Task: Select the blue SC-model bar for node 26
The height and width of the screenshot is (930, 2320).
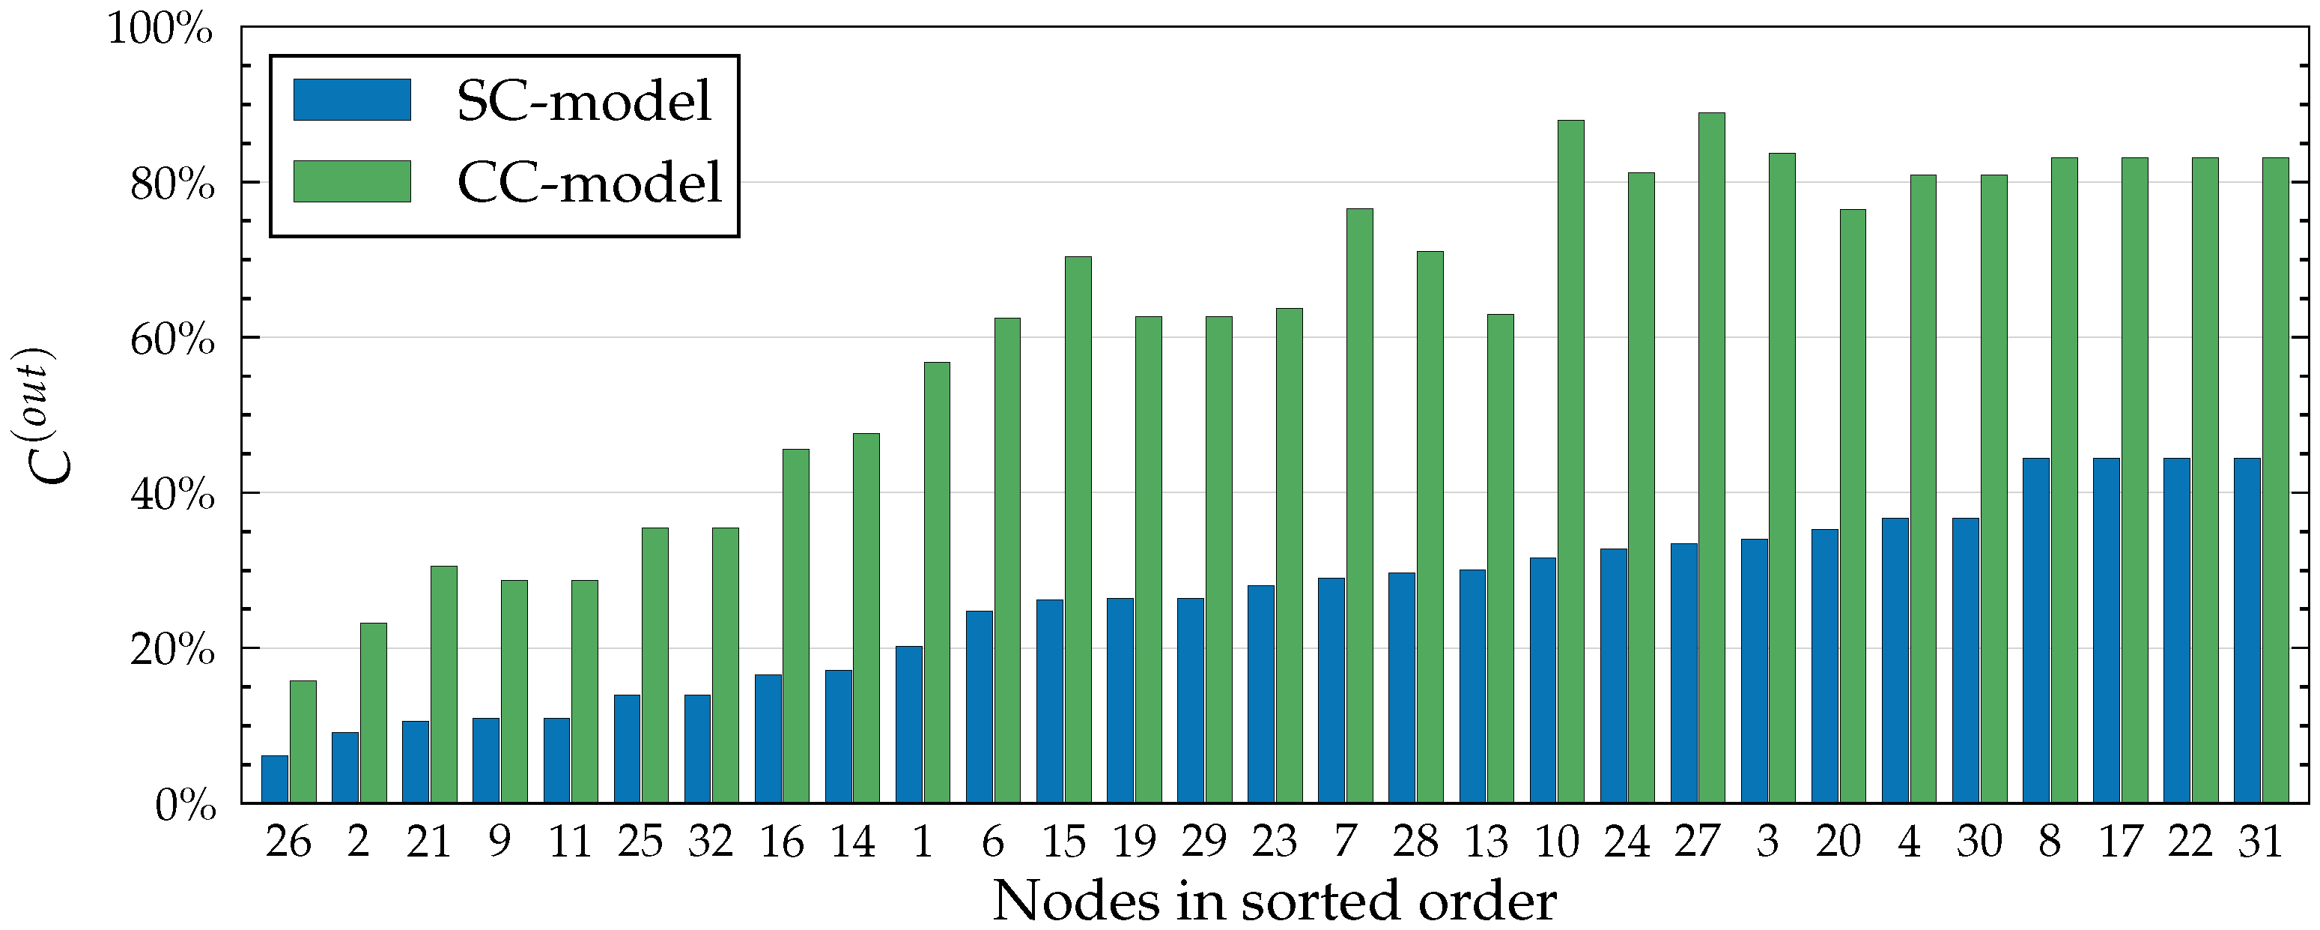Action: (x=275, y=779)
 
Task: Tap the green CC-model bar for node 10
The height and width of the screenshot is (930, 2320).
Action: (x=1570, y=462)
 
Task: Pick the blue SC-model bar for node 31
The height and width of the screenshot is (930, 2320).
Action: (x=2247, y=631)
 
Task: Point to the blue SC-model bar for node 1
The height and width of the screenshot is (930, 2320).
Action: (x=908, y=725)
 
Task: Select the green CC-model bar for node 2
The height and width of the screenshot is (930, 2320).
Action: (x=374, y=713)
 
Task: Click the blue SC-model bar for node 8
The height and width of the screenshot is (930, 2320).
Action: (x=2035, y=631)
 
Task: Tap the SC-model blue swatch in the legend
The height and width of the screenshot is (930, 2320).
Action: (x=352, y=100)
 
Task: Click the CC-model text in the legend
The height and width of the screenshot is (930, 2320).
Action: (x=590, y=183)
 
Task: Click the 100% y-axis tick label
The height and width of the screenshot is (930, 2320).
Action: (x=161, y=30)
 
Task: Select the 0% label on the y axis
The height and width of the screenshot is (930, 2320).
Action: (x=185, y=806)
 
